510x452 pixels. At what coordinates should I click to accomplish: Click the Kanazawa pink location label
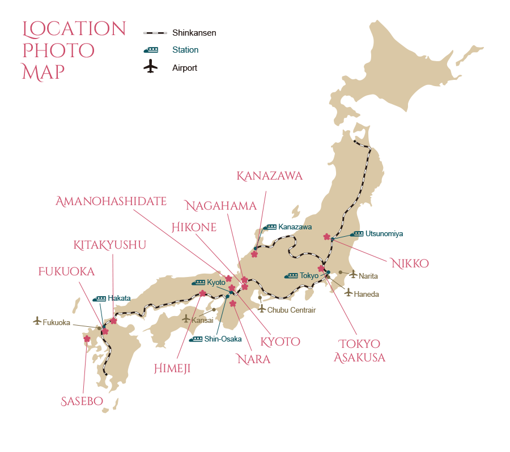(x=270, y=176)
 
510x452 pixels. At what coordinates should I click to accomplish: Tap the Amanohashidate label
(x=111, y=201)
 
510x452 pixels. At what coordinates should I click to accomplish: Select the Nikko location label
(x=410, y=263)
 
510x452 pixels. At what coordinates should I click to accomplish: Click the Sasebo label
(x=82, y=402)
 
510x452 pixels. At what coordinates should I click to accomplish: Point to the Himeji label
(x=172, y=369)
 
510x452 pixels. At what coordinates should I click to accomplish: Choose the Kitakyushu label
(x=110, y=245)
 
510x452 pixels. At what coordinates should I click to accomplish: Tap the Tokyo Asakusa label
(x=359, y=351)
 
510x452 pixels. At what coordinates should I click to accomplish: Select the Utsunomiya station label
(x=384, y=233)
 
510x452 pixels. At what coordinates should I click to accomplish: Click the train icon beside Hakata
(x=99, y=298)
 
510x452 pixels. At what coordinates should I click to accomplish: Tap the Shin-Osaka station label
(x=223, y=339)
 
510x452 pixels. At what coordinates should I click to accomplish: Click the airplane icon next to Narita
(x=354, y=275)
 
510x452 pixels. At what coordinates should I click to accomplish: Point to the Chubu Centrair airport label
(x=291, y=310)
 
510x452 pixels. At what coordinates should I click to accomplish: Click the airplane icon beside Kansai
(x=186, y=319)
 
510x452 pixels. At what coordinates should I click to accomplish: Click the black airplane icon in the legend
(x=151, y=67)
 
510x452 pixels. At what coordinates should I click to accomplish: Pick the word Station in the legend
(x=185, y=50)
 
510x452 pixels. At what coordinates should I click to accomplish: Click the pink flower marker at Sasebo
(x=87, y=339)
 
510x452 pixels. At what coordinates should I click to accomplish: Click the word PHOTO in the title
(x=58, y=50)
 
